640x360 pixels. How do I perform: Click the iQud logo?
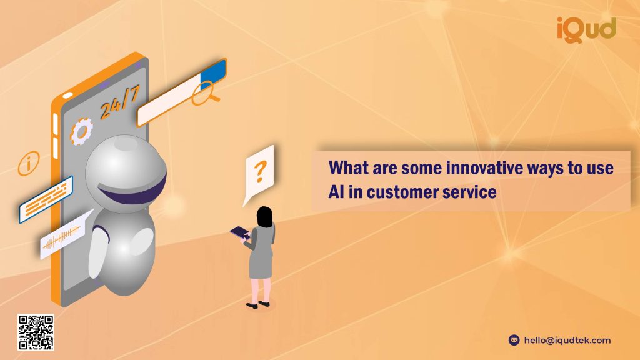[x=586, y=30]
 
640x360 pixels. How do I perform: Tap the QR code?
[x=36, y=332]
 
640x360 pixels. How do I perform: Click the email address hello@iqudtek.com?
[x=567, y=341]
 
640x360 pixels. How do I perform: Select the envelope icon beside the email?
[x=514, y=340]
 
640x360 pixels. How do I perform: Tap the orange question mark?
[x=260, y=171]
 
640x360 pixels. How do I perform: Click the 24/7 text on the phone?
[x=120, y=102]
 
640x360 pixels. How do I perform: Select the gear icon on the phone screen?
[x=81, y=131]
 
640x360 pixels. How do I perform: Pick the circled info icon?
[x=29, y=163]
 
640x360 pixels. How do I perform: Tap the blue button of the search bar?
[x=213, y=74]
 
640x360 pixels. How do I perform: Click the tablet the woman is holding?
[x=241, y=233]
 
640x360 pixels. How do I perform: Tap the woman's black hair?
[x=264, y=217]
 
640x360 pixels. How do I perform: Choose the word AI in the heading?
[x=336, y=192]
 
